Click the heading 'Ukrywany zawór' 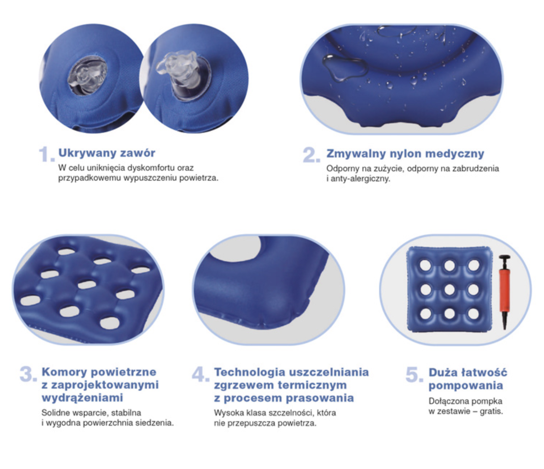pos(107,153)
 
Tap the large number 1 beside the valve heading pos(46,154)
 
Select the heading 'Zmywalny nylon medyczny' pos(405,154)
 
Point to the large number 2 pos(311,155)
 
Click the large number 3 pos(28,374)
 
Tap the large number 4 pos(200,374)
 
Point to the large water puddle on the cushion pos(344,67)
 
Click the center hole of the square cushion pos(450,289)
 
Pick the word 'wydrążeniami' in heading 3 pos(82,398)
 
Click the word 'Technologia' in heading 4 pos(250,372)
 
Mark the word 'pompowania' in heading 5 pos(466,385)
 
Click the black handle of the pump pos(505,258)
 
